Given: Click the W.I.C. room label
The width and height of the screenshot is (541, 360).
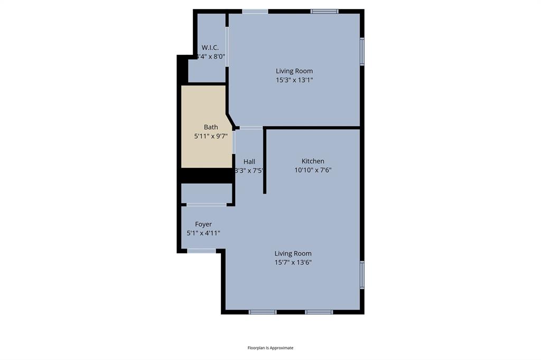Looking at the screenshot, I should click(210, 48).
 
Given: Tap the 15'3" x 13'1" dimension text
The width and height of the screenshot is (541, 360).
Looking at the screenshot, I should click(294, 80).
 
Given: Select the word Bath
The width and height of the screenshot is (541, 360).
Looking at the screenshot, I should click(211, 127).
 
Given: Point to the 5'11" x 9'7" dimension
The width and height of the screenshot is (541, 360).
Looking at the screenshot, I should click(211, 136).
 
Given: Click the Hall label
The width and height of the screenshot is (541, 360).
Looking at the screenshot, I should click(249, 162).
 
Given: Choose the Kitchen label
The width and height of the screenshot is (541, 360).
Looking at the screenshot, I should click(313, 161).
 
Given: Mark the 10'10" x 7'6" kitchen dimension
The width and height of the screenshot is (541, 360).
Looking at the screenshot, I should click(313, 170).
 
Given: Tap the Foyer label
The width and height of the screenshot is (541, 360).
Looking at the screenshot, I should click(203, 224).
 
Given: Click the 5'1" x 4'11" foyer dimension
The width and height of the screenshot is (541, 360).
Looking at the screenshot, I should click(203, 233).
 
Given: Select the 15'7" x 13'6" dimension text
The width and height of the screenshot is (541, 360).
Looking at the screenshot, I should click(293, 262).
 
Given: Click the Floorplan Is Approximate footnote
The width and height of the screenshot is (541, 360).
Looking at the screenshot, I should click(270, 348).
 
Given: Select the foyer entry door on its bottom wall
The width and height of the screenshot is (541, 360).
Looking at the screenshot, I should click(201, 251).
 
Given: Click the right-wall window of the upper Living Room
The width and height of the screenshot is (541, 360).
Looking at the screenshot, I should click(362, 51).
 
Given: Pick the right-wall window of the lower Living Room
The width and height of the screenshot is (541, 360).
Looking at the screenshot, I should click(362, 274).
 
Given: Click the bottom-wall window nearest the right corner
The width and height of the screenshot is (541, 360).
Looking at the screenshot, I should click(319, 312).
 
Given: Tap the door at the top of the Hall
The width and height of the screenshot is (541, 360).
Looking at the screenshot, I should click(251, 127).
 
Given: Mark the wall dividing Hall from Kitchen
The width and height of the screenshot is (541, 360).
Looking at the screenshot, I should click(265, 161).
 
